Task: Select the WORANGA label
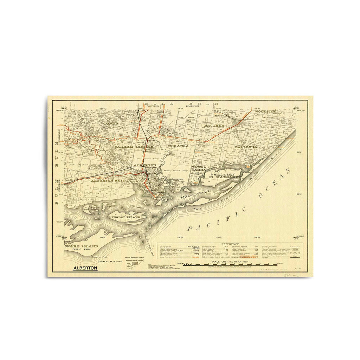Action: coord(179,146)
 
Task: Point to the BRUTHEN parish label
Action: coord(213,126)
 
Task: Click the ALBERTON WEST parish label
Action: coord(105,180)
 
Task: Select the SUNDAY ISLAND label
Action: coord(126,218)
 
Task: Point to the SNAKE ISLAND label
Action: coord(81,246)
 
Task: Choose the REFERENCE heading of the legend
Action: coord(230,244)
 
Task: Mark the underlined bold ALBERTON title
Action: coord(85,268)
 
